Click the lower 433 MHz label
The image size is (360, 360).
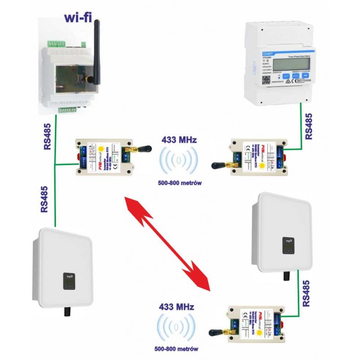click(177, 307)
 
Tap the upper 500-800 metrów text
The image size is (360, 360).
click(179, 184)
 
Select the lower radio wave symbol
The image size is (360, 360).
click(177, 327)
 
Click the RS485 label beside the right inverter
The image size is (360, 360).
click(306, 293)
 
